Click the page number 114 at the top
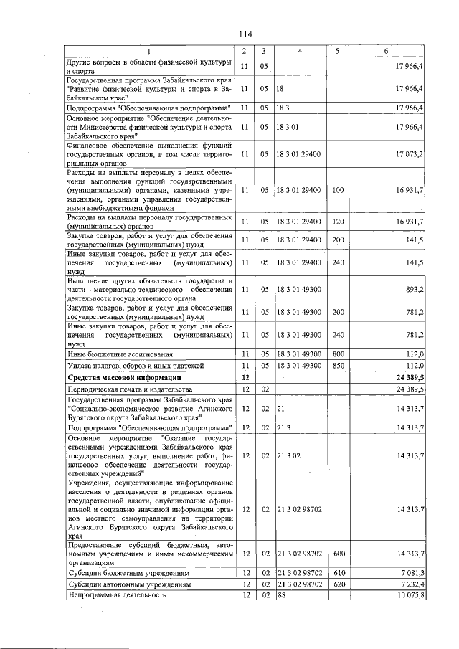[246, 33]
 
